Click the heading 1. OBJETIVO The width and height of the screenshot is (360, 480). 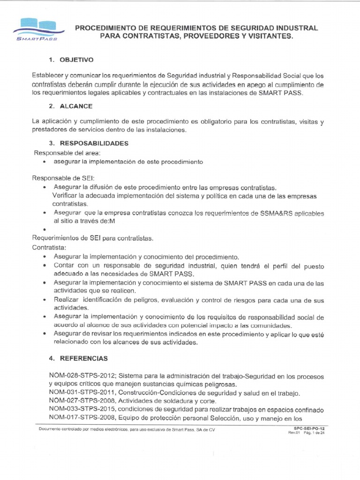tap(71, 60)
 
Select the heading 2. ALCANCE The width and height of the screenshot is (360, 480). tap(70, 106)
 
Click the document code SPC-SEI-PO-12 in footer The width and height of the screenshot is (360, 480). tap(306, 428)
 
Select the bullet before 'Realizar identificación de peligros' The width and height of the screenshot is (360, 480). tap(44, 300)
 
